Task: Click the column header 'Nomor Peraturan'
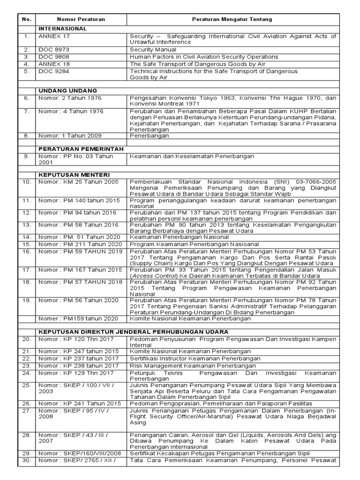81,19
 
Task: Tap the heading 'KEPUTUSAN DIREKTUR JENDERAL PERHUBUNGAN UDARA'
134,331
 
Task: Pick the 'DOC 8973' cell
53,49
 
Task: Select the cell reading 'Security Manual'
153,49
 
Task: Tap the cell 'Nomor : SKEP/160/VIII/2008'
79,453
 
